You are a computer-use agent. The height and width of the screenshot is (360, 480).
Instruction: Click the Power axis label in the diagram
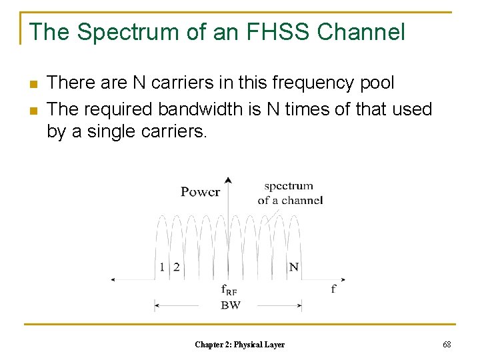(200, 192)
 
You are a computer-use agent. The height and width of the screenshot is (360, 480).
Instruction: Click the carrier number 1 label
(162, 267)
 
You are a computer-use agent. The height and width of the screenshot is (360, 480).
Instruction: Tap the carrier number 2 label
(176, 267)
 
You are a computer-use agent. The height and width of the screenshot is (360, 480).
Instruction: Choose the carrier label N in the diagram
(293, 267)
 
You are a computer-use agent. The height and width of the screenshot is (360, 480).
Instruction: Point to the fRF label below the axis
(229, 290)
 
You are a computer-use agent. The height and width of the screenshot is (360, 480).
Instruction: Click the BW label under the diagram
(230, 305)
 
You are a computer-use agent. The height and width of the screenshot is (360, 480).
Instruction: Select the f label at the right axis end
(333, 289)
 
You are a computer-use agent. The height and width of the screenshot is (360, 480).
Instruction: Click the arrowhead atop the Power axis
(229, 180)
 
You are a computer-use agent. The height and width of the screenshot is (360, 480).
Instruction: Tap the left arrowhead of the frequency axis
(114, 280)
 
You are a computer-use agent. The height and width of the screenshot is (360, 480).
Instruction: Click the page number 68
(447, 345)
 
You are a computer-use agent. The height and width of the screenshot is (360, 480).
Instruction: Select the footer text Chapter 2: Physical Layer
(239, 345)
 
